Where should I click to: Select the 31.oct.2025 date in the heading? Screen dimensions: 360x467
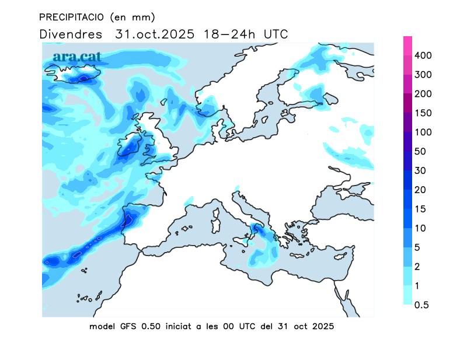(152, 34)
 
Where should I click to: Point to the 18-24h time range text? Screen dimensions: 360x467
(229, 34)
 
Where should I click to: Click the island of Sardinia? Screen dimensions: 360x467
(215, 221)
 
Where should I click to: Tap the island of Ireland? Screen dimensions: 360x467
(129, 146)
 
